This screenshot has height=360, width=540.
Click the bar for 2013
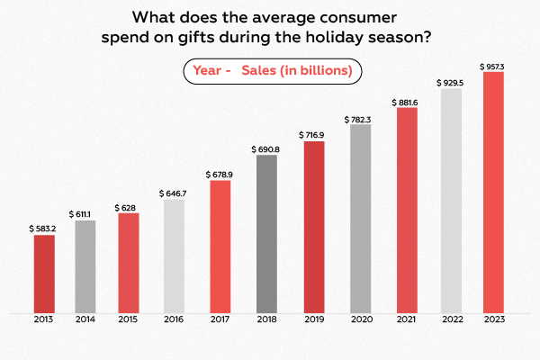[x=44, y=274]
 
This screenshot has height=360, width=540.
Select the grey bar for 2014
[x=85, y=266]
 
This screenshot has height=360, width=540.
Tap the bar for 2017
[x=220, y=247]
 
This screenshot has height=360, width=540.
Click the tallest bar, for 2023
[x=494, y=193]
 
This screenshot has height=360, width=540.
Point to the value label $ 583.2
[x=43, y=228]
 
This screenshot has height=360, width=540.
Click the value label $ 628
[x=129, y=207]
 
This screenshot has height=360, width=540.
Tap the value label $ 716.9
[x=314, y=135]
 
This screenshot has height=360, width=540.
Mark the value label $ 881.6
[x=407, y=101]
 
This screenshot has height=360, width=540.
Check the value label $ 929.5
[x=451, y=82]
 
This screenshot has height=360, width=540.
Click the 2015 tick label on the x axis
[x=129, y=319]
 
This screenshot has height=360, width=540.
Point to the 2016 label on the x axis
[x=174, y=319]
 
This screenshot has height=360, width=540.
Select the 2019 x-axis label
[x=314, y=319]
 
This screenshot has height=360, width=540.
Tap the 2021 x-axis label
[x=407, y=319]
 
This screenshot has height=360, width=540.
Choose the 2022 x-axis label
[x=451, y=319]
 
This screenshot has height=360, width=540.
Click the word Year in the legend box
[x=207, y=69]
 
